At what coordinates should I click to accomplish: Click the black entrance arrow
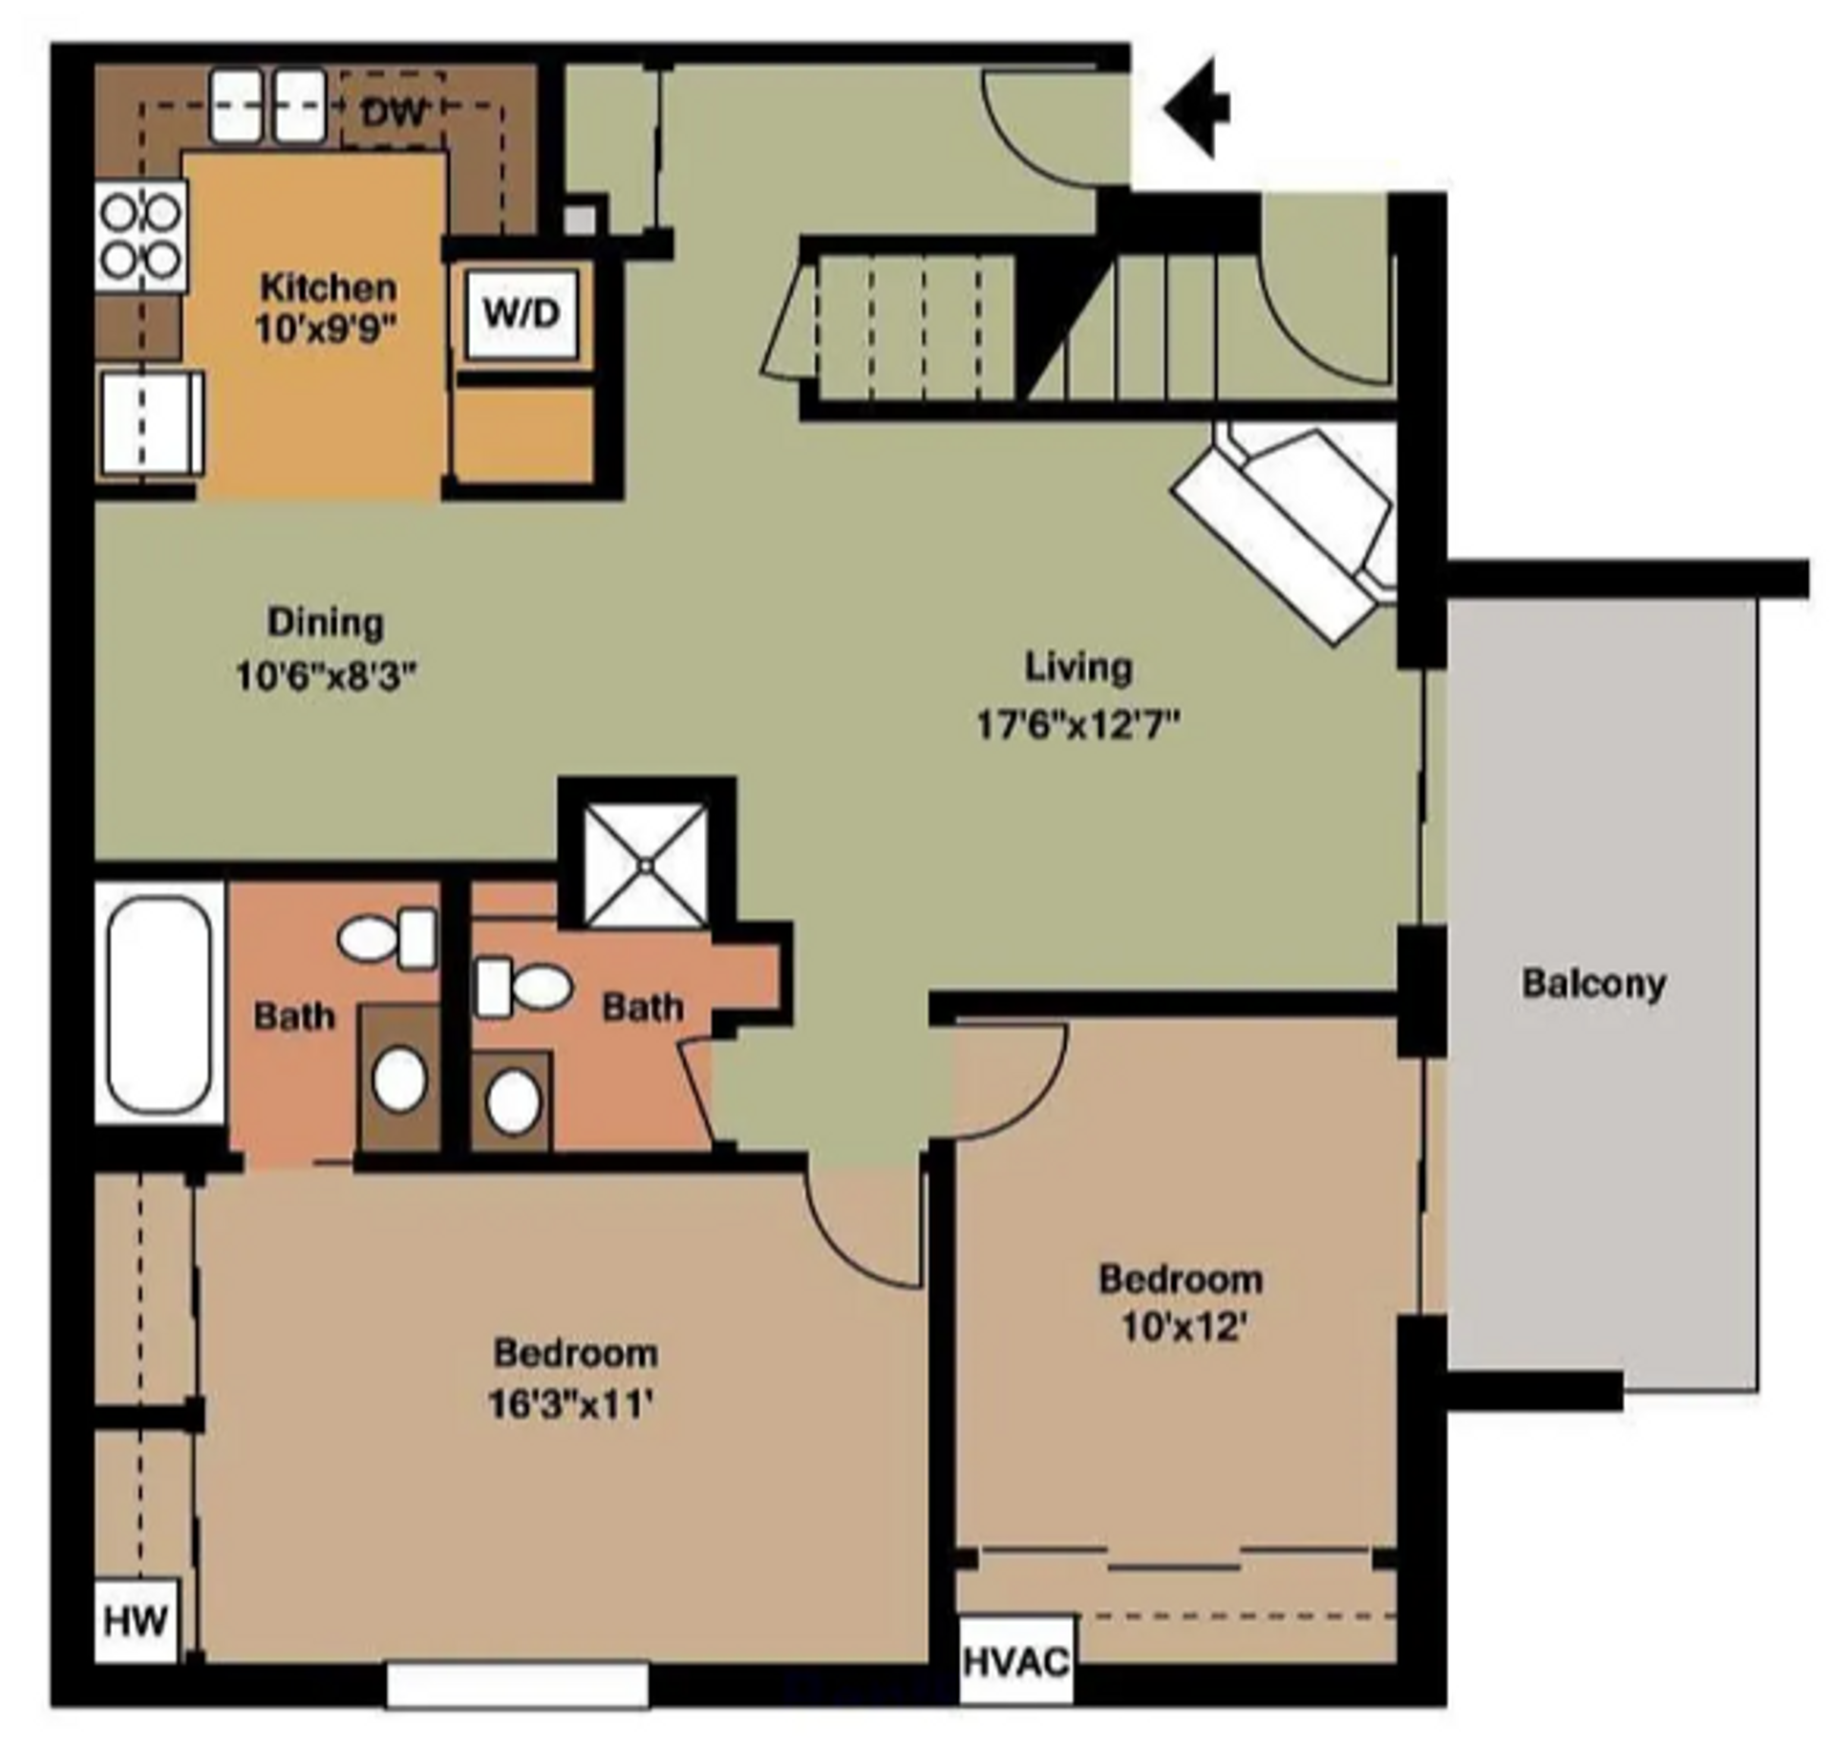[1199, 107]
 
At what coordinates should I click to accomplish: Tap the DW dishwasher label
[394, 113]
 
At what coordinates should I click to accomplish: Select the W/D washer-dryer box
[521, 313]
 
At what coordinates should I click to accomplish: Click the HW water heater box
[136, 1621]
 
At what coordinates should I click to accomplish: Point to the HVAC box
[1015, 1663]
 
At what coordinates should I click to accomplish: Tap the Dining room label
[326, 623]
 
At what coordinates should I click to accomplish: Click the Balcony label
[1593, 983]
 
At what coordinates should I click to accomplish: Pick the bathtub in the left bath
[159, 1003]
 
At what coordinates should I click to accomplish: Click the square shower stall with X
[646, 865]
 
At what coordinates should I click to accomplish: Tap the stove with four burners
[140, 236]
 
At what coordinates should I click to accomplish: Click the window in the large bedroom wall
[517, 1686]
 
